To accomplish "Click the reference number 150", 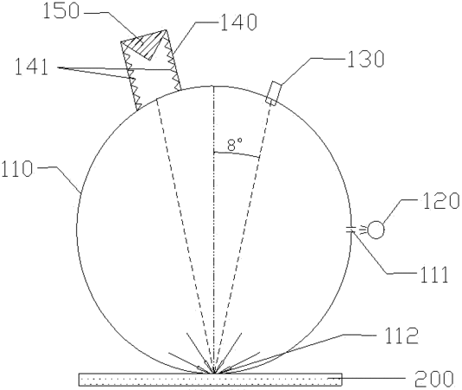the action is pos(62,12).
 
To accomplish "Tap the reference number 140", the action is pos(238,23).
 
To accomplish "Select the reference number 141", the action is pos(31,67).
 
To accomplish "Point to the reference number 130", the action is pos(366,59).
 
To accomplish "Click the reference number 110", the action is pos(16,169).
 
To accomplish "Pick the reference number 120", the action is pos(441,201).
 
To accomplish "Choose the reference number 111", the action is pos(434,275).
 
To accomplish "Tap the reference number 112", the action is pos(400,336).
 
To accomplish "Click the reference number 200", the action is pos(434,379).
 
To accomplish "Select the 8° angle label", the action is pos(235,145).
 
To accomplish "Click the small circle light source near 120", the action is pos(375,230).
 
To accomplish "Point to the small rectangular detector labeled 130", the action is pos(273,93).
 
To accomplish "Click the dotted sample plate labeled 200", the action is pos(210,380).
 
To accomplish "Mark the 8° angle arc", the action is pos(237,154).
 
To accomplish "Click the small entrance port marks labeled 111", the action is pos(350,230).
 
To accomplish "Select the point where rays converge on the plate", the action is pos(212,374).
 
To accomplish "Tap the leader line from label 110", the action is pos(60,179).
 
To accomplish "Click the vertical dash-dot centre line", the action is pos(213,230).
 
